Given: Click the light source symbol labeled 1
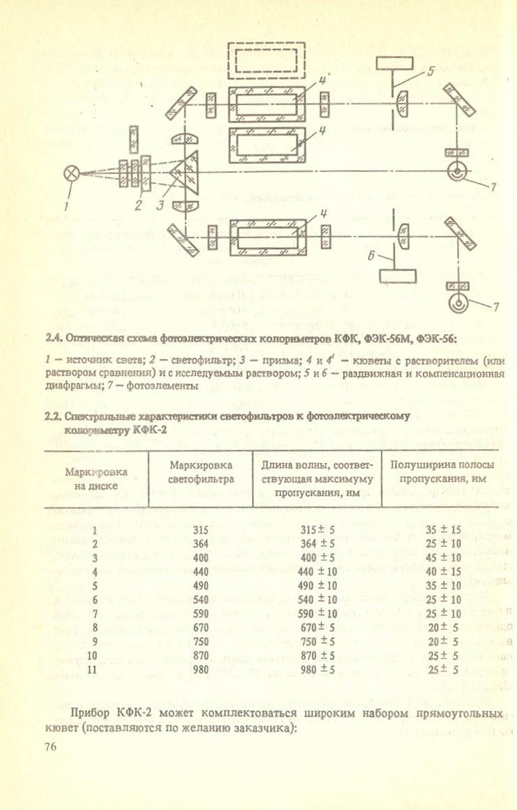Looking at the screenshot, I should (71, 173).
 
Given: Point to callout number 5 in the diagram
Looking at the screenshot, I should (431, 71).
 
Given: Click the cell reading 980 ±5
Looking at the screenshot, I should (317, 670).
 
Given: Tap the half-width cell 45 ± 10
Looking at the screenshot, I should (443, 558).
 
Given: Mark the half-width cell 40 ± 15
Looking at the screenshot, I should (443, 572).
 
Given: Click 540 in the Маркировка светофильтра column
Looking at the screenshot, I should (200, 599).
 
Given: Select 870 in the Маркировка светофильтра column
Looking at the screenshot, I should (200, 655).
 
